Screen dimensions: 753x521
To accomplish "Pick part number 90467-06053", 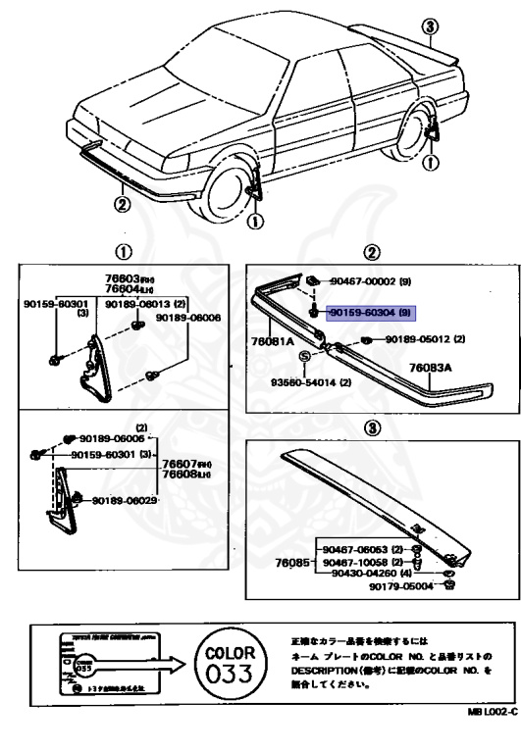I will [359, 551].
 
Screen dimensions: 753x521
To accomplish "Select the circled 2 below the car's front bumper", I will [121, 205].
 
